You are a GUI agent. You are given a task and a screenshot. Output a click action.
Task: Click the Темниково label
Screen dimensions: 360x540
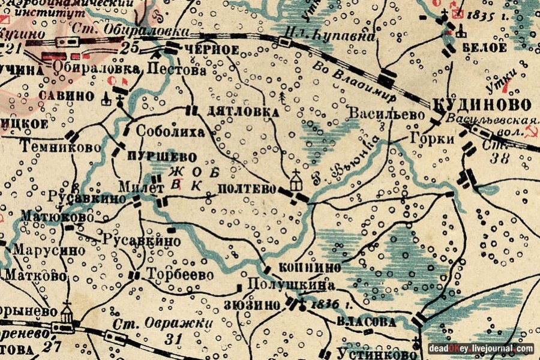point(50,146)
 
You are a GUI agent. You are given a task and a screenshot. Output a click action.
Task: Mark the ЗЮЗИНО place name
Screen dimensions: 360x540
point(251,305)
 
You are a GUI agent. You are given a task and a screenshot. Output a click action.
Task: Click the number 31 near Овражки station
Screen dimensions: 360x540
point(173,340)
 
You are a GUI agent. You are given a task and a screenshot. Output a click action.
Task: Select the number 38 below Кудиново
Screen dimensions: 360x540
point(499,158)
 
